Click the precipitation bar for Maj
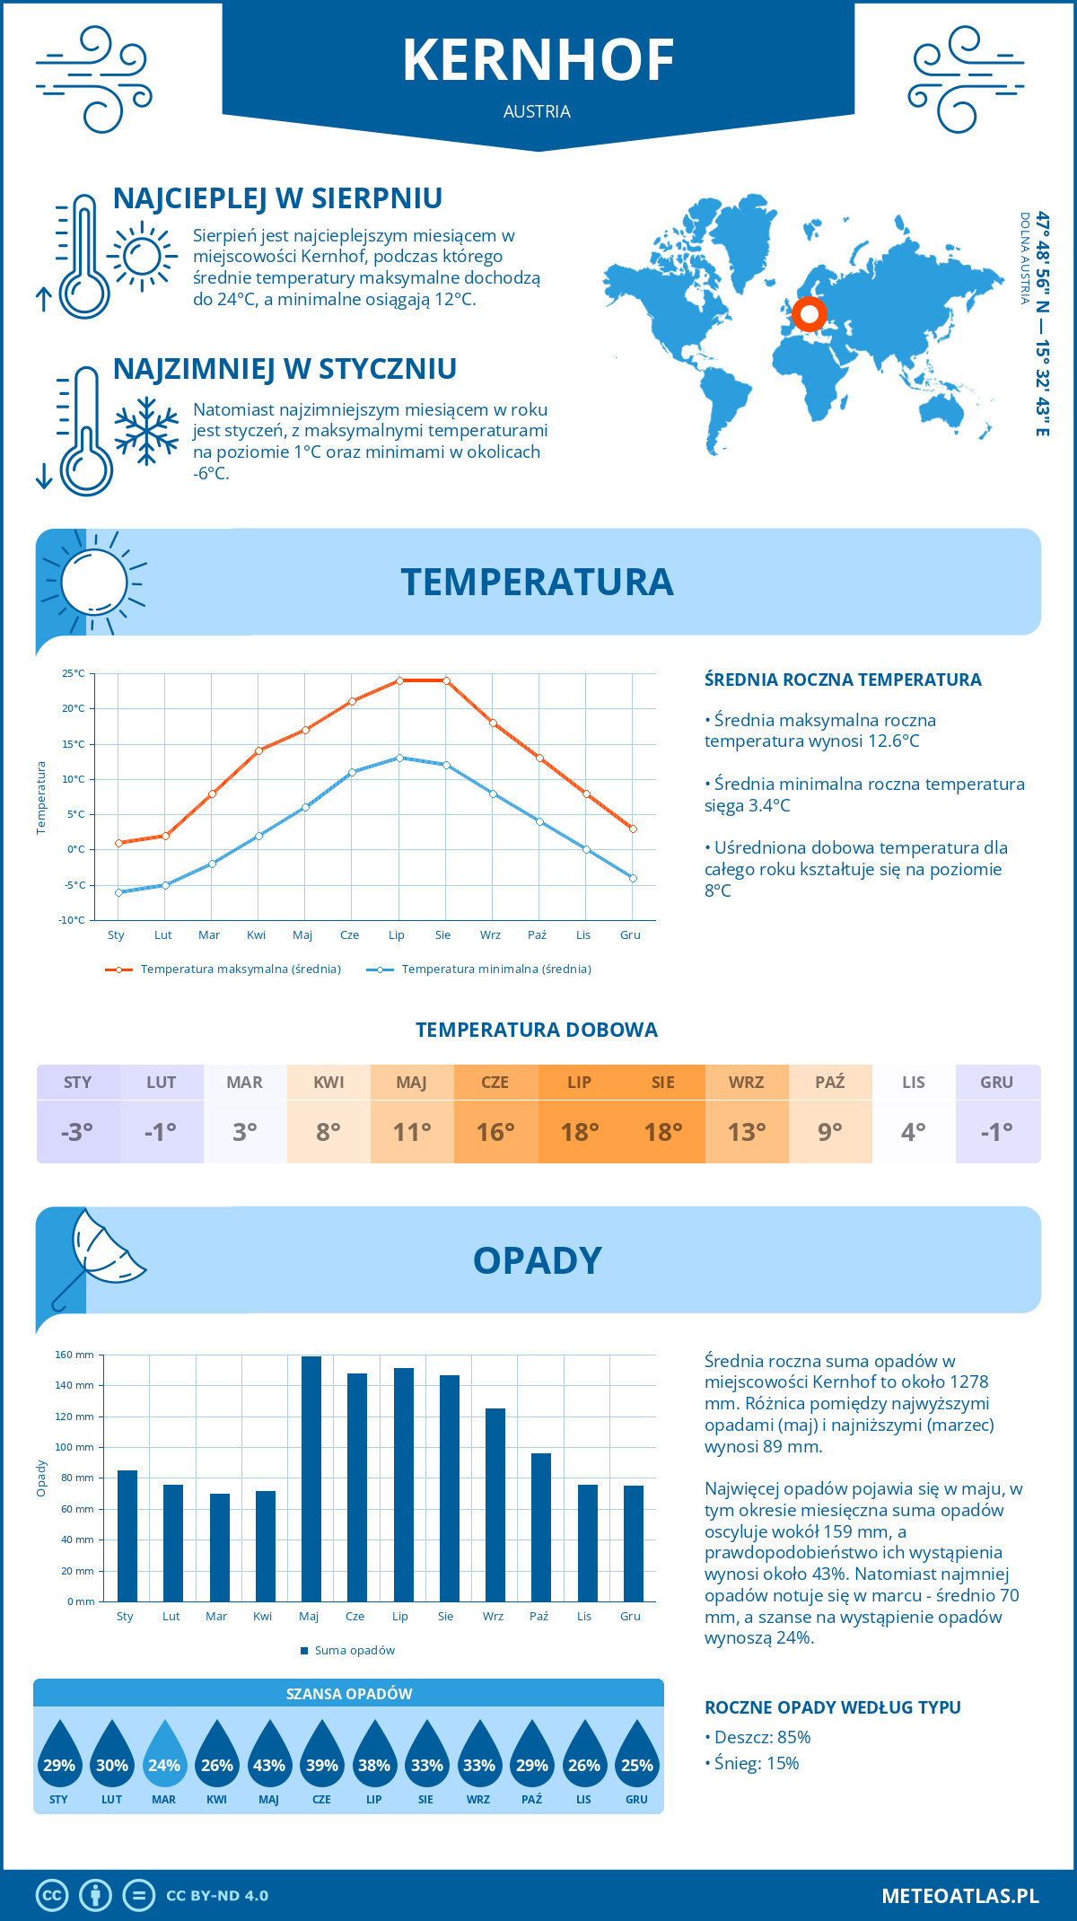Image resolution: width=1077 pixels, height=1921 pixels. tap(311, 1478)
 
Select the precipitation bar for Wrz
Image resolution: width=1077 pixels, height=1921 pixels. tap(495, 1504)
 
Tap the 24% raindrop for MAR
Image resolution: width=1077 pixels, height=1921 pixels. tap(164, 1754)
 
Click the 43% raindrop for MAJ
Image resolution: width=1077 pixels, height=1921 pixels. tap(269, 1754)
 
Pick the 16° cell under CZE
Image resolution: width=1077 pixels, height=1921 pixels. tap(495, 1132)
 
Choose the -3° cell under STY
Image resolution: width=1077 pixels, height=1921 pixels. tap(77, 1132)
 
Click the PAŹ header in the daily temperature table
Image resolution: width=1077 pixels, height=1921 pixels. tap(830, 1082)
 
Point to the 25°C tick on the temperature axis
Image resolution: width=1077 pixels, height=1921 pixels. tap(74, 673)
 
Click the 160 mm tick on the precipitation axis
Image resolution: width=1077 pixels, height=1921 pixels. tap(75, 1355)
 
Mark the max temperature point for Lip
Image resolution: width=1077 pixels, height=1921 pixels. tap(399, 680)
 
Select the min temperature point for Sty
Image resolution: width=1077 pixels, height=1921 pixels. tap(118, 892)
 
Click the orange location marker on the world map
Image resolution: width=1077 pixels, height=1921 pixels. tap(810, 314)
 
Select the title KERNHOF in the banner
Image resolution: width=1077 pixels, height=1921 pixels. tap(538, 61)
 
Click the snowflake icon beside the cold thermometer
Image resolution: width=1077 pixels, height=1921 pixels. tap(146, 431)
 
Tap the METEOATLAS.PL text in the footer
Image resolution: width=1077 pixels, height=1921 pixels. tap(959, 1896)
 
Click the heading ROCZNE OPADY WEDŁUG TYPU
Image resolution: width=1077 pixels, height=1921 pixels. tap(832, 1707)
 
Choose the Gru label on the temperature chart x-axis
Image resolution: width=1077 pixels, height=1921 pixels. tap(630, 935)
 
